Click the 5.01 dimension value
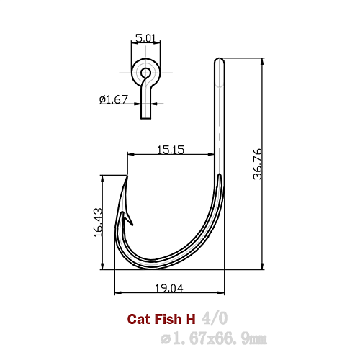[x=145, y=37]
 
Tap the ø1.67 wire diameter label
[x=113, y=99]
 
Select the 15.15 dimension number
[x=171, y=150]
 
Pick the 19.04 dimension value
[x=169, y=288]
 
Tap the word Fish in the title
[x=167, y=318]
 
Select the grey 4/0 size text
[x=217, y=318]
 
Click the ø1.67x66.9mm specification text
[x=214, y=337]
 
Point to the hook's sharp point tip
[x=127, y=176]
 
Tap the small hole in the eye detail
[x=145, y=73]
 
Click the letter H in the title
[x=191, y=318]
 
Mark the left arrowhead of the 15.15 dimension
[x=130, y=153]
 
